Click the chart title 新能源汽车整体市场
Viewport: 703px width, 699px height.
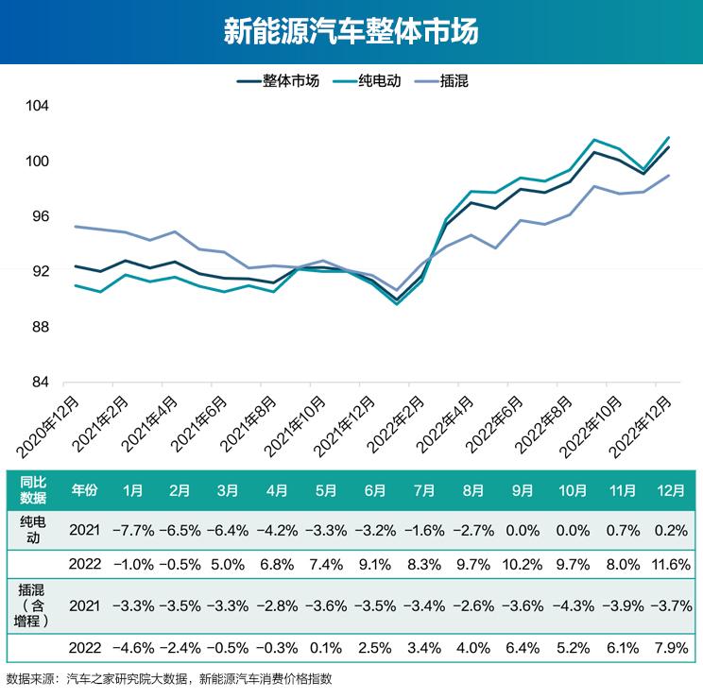[x=351, y=32]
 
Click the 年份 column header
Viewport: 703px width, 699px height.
[x=84, y=490]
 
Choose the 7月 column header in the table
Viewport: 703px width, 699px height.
[x=424, y=490]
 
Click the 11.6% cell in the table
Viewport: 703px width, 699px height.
[x=671, y=564]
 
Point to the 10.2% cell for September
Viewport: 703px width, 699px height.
[x=524, y=564]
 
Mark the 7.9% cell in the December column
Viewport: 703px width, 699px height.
[x=671, y=649]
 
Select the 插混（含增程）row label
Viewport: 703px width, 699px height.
[x=33, y=605]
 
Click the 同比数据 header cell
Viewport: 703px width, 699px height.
[x=33, y=490]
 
